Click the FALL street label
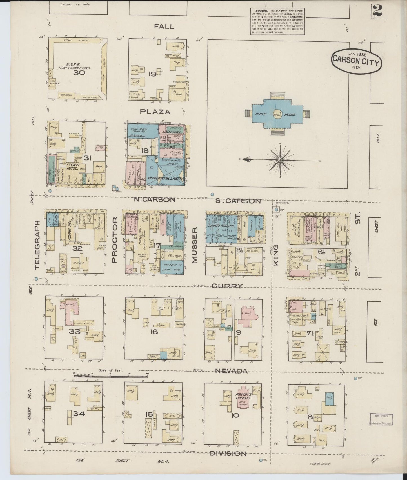point(164,26)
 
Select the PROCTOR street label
point(114,242)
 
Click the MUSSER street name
point(195,246)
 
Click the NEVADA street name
point(231,371)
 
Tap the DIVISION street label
point(228,454)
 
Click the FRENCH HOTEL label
point(72,166)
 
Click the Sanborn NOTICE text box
point(278,21)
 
